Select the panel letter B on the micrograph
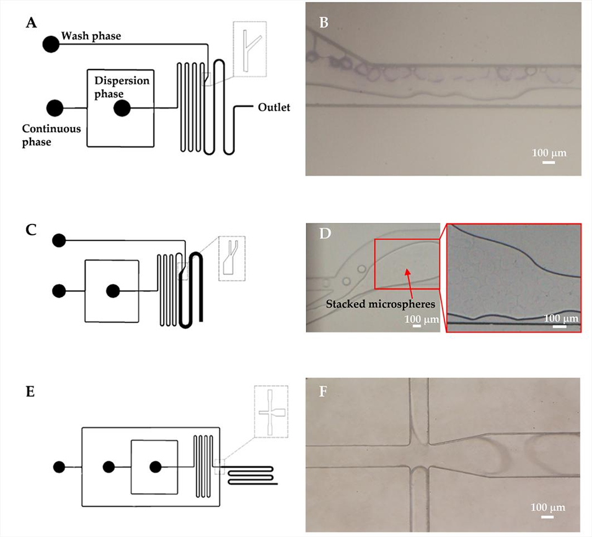[323, 24]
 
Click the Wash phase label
[91, 36]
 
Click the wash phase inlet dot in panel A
[51, 44]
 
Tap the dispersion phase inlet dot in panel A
[122, 109]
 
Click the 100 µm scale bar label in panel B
[549, 153]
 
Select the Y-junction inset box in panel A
[249, 50]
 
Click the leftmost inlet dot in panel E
[60, 466]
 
